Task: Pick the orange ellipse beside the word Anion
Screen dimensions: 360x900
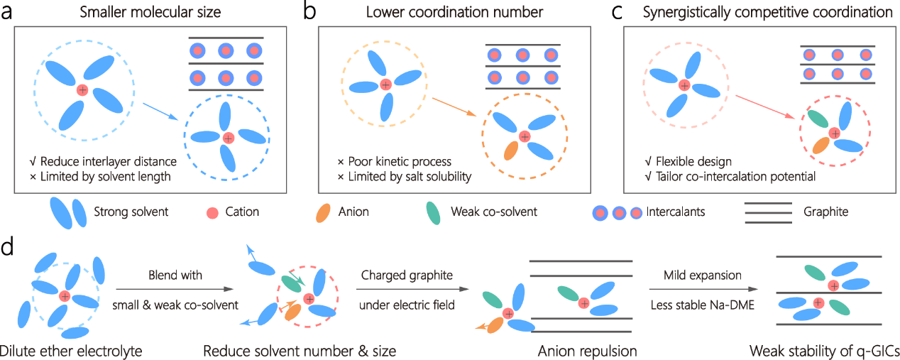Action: pyautogui.click(x=325, y=212)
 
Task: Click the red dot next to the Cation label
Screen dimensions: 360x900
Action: pyautogui.click(x=211, y=212)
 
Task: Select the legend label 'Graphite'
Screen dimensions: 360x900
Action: pyautogui.click(x=825, y=212)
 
